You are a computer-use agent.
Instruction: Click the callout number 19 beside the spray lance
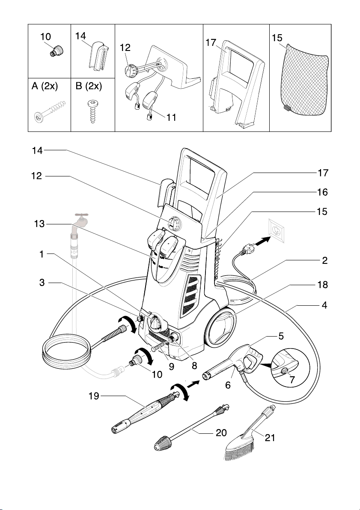click(x=94, y=396)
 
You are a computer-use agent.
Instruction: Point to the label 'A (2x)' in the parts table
click(x=45, y=86)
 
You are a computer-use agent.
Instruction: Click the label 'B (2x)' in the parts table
click(x=89, y=86)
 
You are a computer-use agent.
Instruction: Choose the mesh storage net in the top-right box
click(x=304, y=80)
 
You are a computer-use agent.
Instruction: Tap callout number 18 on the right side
click(x=322, y=285)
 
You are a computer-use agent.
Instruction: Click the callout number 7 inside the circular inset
click(x=292, y=379)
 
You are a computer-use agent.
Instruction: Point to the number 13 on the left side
click(x=39, y=224)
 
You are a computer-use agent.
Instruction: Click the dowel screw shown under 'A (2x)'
click(x=49, y=111)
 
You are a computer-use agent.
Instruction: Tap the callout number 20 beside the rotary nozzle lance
click(x=221, y=433)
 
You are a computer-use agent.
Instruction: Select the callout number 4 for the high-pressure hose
click(x=324, y=305)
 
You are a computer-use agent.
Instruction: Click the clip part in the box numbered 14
click(x=98, y=56)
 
